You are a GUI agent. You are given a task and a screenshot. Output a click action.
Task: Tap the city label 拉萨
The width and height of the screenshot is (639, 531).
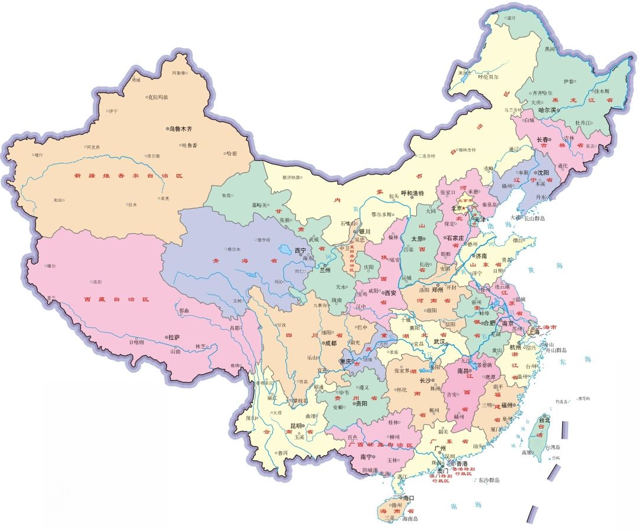(x=174, y=337)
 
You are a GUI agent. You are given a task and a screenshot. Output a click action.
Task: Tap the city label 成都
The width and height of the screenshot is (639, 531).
(x=330, y=343)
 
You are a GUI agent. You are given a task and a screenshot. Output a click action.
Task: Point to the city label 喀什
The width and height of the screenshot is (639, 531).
(x=39, y=155)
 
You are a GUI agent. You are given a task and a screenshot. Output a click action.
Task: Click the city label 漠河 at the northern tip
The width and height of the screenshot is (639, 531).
(x=511, y=18)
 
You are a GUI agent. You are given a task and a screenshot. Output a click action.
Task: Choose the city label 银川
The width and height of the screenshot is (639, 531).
(x=364, y=231)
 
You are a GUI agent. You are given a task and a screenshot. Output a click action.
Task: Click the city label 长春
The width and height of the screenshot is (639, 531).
(x=542, y=140)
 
